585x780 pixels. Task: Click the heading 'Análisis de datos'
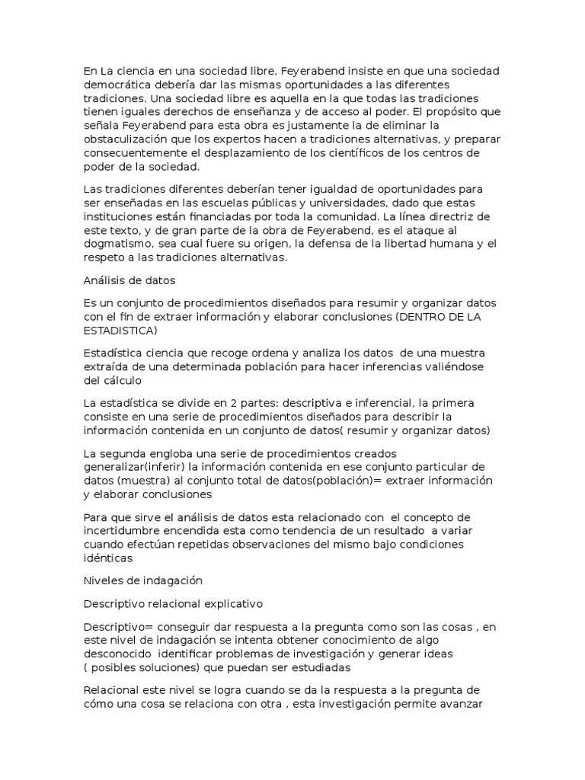129,280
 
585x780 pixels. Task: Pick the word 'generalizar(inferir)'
137,467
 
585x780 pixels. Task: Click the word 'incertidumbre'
122,530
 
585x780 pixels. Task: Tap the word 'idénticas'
108,558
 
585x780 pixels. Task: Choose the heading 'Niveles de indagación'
142,580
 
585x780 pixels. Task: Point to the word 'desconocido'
118,654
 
